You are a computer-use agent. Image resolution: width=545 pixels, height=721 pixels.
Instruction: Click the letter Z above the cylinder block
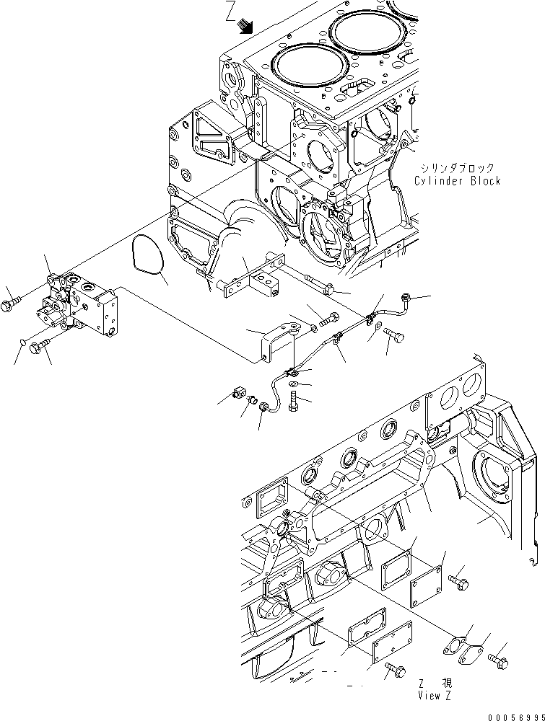point(230,13)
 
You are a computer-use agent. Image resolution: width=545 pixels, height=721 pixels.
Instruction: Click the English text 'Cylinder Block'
point(458,181)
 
